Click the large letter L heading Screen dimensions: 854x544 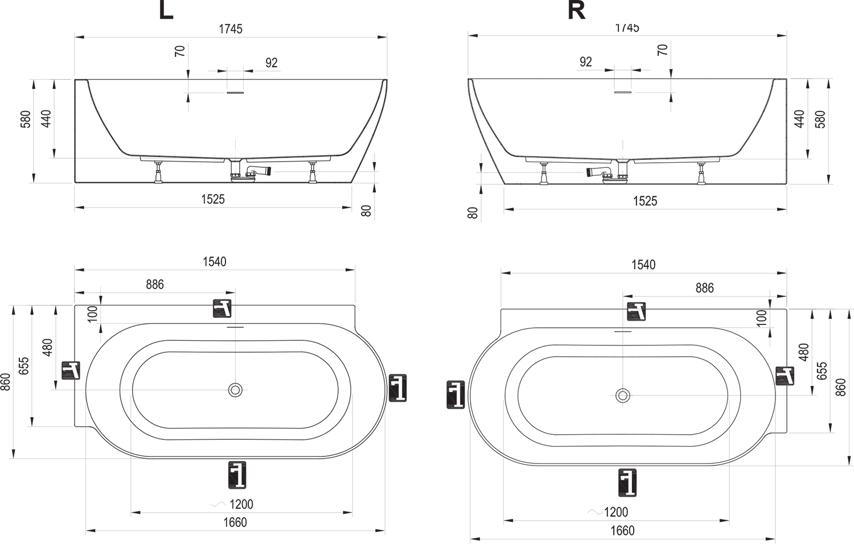(166, 11)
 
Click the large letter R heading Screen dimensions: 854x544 (576, 11)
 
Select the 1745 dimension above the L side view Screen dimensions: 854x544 (231, 29)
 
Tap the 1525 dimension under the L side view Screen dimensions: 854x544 (213, 199)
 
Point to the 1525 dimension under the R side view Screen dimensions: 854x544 (645, 201)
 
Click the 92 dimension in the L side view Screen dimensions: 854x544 (272, 63)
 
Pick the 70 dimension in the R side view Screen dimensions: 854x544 (663, 50)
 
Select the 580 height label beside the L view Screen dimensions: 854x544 (26, 119)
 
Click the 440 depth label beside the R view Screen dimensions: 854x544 (799, 119)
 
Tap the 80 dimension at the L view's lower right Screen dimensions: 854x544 (366, 211)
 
